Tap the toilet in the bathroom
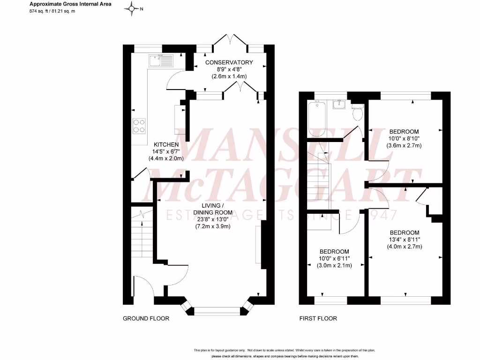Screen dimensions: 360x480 [358, 112]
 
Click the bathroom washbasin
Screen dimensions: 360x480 [339, 104]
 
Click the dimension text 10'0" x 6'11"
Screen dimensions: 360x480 [335, 258]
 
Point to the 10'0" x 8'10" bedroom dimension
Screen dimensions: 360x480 [404, 138]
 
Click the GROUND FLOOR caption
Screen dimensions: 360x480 [146, 319]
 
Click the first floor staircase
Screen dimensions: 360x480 [319, 183]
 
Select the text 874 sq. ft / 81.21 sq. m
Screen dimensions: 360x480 [52, 10]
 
